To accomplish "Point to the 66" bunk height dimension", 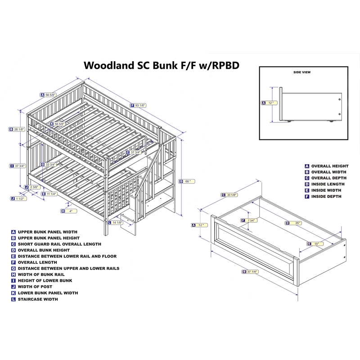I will (188, 181).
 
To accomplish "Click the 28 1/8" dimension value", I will (19, 129).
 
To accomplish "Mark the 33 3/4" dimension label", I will (50, 164).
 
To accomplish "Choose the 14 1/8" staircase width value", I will (117, 222).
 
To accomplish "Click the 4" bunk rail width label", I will (71, 211).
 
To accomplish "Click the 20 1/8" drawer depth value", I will (232, 195).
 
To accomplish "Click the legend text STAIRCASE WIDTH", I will (38, 299).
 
